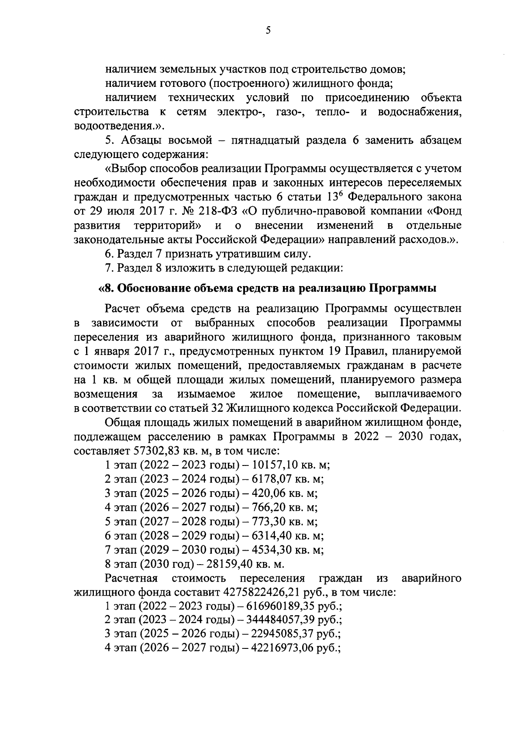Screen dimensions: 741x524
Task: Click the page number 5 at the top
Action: click(x=268, y=30)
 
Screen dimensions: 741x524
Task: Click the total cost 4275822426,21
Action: click(x=271, y=593)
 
